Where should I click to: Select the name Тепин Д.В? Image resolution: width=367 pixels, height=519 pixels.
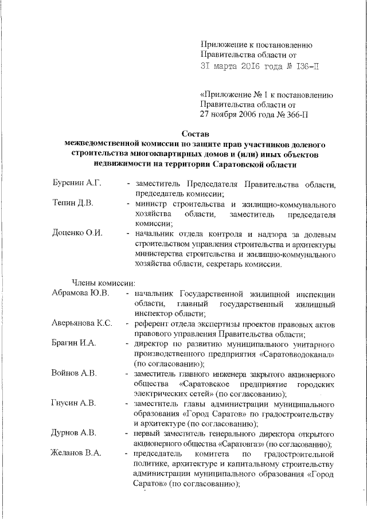click(71, 204)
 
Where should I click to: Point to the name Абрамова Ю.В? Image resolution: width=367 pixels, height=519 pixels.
click(80, 294)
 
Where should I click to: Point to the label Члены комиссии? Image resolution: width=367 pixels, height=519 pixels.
click(103, 282)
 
